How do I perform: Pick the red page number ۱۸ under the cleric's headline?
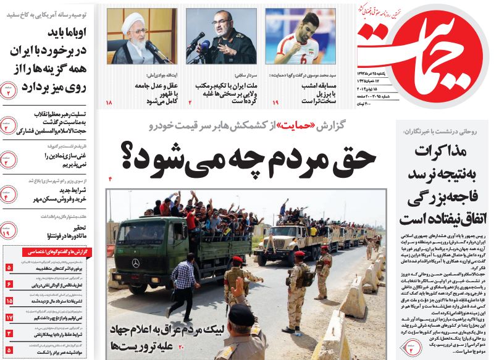[109, 101]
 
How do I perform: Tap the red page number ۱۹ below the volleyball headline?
[275, 101]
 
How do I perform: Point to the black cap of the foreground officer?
[243, 314]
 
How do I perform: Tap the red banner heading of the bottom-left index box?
[48, 253]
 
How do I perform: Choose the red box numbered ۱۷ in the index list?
[9, 317]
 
